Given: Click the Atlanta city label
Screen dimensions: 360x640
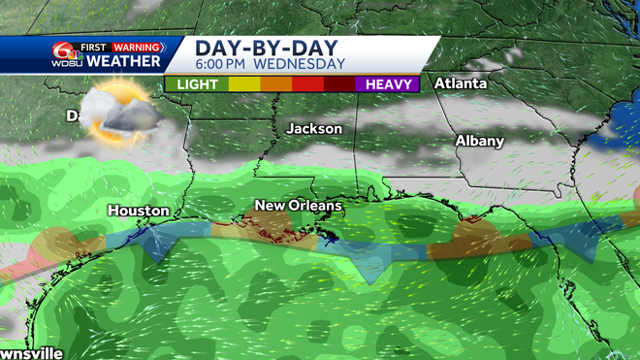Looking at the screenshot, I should pyautogui.click(x=460, y=83).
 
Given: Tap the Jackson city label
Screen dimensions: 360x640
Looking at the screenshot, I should pyautogui.click(x=314, y=128).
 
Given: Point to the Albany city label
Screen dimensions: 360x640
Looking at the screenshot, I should pyautogui.click(x=480, y=141).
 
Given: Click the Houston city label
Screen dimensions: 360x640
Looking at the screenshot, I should pyautogui.click(x=138, y=210).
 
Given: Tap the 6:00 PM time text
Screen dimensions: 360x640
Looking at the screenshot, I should pyautogui.click(x=223, y=65).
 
